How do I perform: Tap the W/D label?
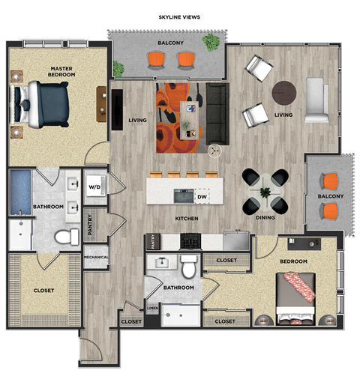(95, 187)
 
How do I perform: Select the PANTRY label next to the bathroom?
(89, 225)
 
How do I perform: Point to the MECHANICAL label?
(96, 258)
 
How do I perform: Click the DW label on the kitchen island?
(202, 197)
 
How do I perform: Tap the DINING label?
(265, 218)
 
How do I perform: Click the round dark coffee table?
(284, 93)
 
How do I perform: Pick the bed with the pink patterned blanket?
(295, 297)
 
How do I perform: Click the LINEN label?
(151, 308)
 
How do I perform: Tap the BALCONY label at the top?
(170, 43)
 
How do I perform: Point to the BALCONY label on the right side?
(330, 196)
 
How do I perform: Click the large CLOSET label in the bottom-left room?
(43, 290)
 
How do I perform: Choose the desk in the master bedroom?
(100, 103)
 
